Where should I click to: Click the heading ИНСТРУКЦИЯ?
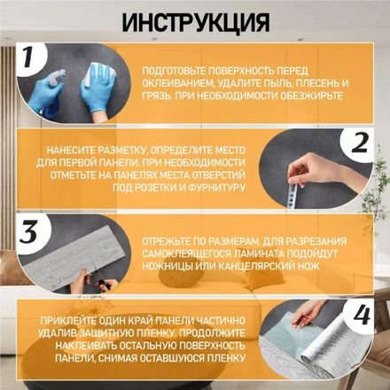tap(196, 22)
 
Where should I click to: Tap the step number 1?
tap(27, 58)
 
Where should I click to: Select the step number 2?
tap(360, 144)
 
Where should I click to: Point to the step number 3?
tap(28, 232)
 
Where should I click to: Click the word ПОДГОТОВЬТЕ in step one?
tap(174, 71)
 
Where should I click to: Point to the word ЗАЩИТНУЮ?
tap(106, 333)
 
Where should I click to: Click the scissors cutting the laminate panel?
tap(100, 279)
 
